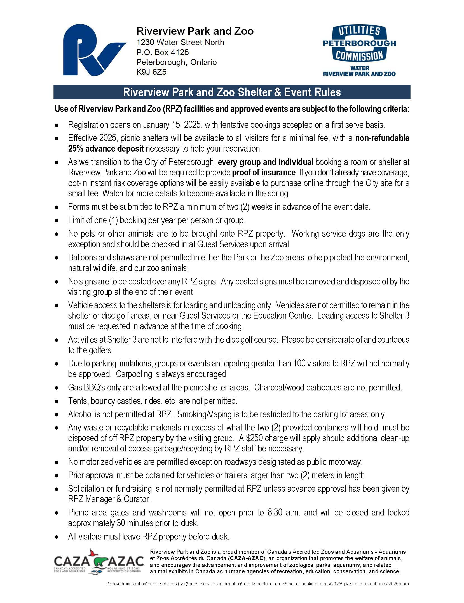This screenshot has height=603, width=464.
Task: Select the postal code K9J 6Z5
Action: tap(151, 72)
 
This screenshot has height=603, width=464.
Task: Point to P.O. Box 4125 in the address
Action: tap(163, 52)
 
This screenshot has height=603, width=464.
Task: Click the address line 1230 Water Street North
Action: tap(180, 43)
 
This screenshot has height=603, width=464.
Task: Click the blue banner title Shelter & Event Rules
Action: tap(232, 92)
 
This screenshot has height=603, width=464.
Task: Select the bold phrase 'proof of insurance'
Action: tap(264, 173)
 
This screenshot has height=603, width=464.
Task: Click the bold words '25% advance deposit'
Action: tap(106, 149)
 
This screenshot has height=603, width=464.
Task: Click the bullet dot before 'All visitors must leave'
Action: tap(57, 537)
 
